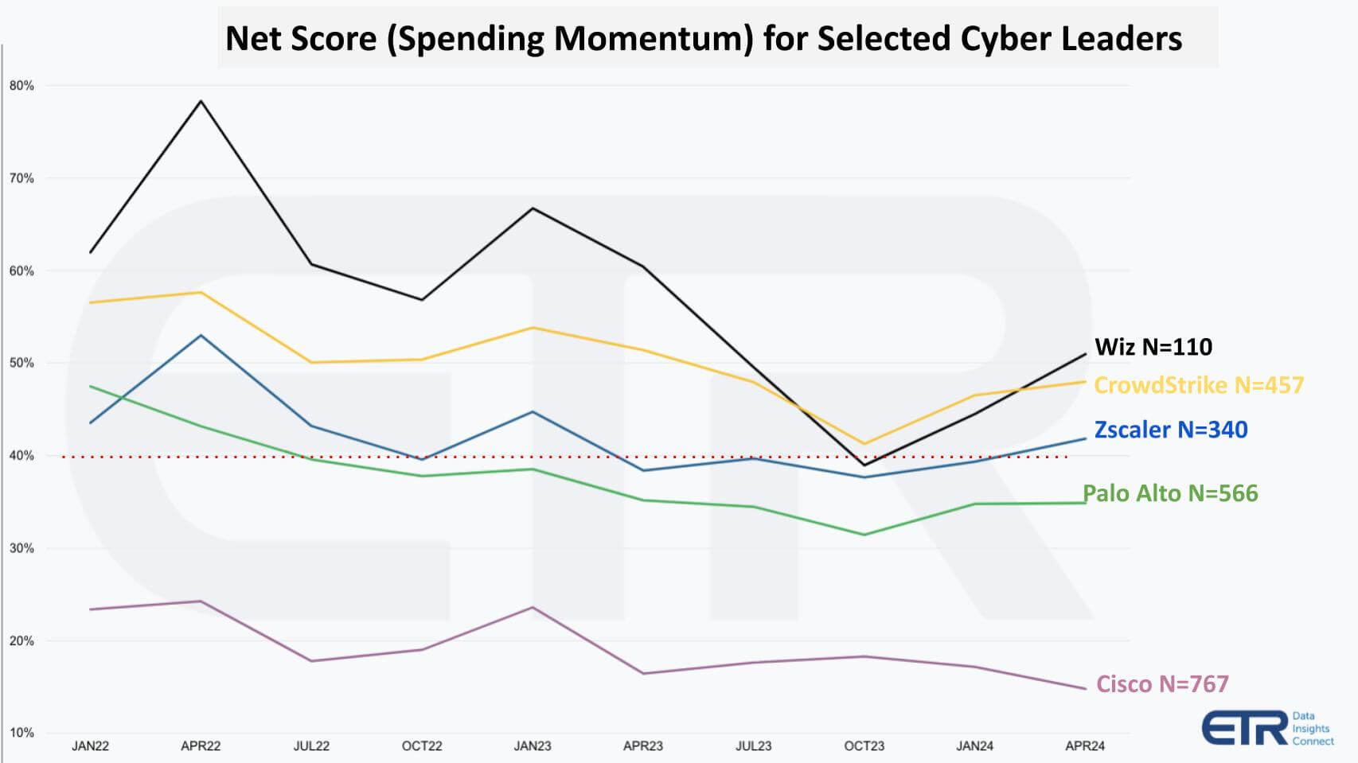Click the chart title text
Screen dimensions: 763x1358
[704, 38]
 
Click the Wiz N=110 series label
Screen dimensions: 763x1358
[1153, 347]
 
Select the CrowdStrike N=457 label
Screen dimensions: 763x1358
[1198, 385]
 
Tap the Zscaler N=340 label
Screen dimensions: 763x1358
[1170, 430]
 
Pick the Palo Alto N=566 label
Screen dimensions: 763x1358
[1170, 493]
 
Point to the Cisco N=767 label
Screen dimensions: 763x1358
[1162, 684]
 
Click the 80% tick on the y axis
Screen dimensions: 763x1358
[21, 86]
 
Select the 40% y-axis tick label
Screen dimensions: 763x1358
[21, 456]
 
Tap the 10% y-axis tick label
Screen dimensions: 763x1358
[21, 733]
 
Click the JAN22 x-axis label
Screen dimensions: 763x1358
[91, 746]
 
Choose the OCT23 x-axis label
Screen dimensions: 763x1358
[864, 746]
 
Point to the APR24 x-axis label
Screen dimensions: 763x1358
[1085, 746]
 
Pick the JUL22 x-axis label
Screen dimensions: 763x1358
[311, 746]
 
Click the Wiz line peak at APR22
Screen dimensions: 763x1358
[201, 101]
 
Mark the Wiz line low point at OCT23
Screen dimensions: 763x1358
[864, 465]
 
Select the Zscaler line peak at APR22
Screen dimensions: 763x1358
[201, 336]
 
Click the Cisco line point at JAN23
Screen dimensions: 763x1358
[533, 608]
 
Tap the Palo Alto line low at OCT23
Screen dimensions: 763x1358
[864, 535]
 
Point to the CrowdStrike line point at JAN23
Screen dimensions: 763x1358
[533, 328]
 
